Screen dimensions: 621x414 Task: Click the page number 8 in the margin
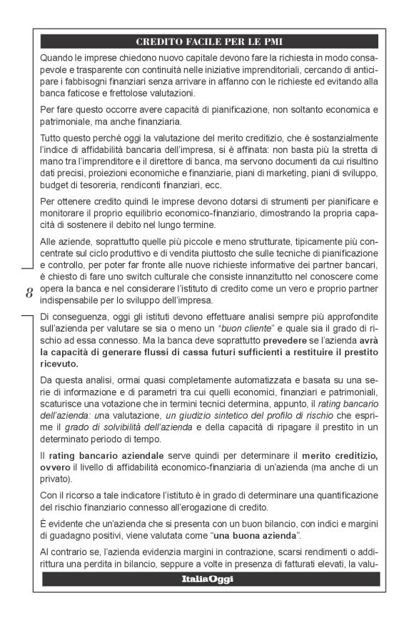coord(29,292)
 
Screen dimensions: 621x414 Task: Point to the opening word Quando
coord(59,56)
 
